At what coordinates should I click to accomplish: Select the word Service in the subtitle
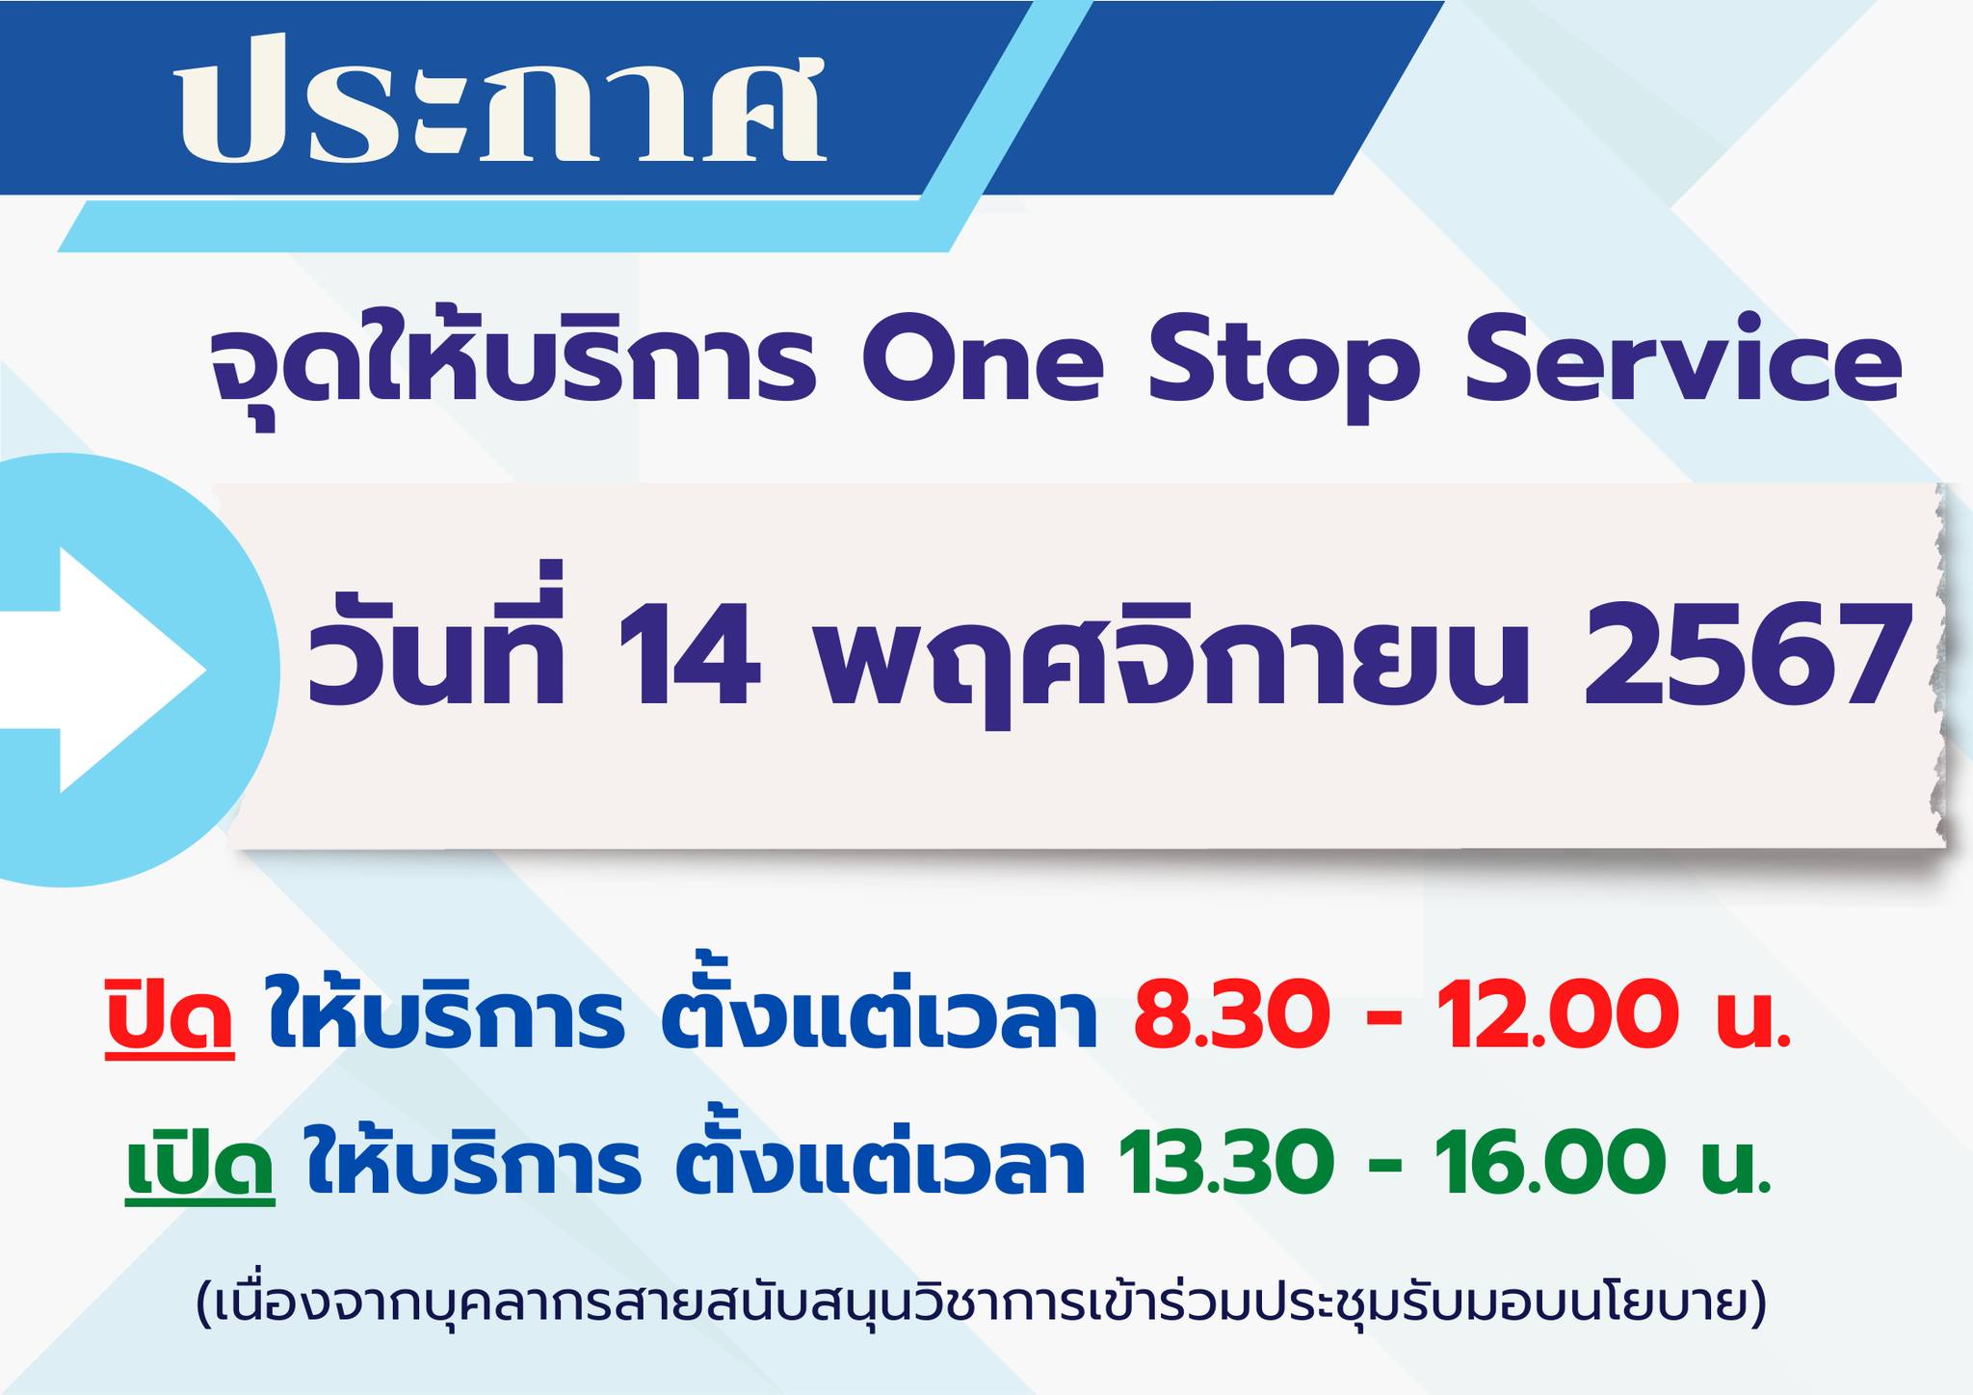(1682, 367)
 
